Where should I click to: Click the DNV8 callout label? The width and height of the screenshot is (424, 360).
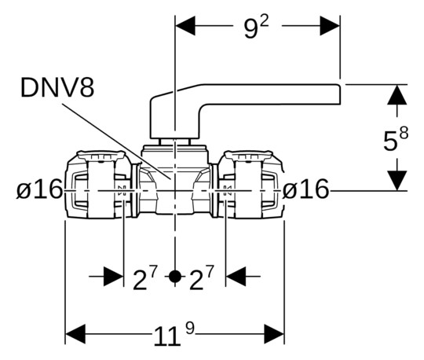(x=57, y=86)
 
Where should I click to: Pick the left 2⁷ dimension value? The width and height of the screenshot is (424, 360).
(x=144, y=277)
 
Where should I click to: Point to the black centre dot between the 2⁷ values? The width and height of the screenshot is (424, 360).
(x=175, y=277)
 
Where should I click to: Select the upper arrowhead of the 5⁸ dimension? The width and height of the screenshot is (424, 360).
(x=398, y=96)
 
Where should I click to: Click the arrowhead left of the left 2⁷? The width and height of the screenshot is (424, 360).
(x=114, y=277)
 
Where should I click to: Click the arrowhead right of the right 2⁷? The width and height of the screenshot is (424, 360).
(x=236, y=277)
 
